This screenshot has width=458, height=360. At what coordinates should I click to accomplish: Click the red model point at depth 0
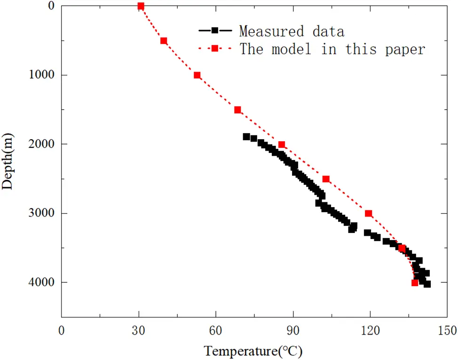[x=141, y=6]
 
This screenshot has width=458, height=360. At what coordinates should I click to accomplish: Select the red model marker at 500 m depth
[x=164, y=41]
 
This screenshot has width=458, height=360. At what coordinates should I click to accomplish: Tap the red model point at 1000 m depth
[x=197, y=75]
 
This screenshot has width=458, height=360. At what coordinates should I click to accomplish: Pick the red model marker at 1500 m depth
[x=237, y=110]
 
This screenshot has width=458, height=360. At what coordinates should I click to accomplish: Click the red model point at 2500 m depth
[x=326, y=179]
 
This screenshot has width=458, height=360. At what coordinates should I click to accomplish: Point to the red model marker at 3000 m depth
[x=368, y=214]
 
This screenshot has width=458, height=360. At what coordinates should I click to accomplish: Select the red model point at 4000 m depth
[x=414, y=283]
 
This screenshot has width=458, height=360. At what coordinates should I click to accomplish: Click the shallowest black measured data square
[x=246, y=137]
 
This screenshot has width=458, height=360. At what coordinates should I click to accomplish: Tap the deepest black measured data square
[x=427, y=284]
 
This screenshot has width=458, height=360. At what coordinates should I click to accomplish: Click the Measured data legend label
[x=292, y=32]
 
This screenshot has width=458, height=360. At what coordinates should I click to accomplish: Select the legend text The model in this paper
[x=332, y=49]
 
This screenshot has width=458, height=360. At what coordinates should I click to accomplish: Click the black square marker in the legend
[x=214, y=31]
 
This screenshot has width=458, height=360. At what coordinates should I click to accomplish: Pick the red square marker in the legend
[x=214, y=48]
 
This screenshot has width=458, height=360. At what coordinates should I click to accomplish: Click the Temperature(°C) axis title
[x=253, y=351]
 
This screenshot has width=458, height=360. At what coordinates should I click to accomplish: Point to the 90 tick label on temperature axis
[x=292, y=331]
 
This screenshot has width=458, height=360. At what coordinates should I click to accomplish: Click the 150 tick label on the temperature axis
[x=447, y=331]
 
